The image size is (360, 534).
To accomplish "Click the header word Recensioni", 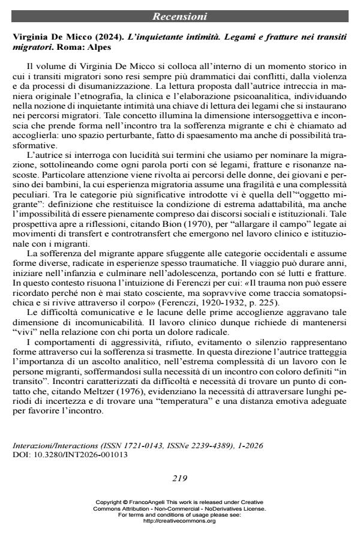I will click(x=179, y=16).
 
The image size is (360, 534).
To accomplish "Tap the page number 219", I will click(x=179, y=478).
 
